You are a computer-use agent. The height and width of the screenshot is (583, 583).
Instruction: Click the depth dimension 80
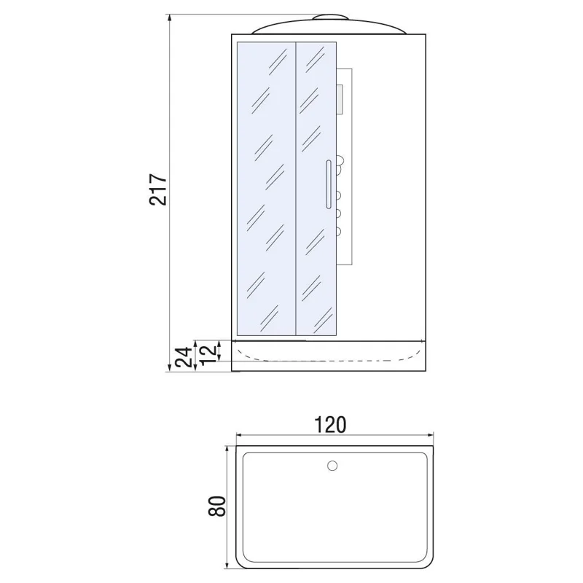(216, 506)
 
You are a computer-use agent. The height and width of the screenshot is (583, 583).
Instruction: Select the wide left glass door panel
(266, 189)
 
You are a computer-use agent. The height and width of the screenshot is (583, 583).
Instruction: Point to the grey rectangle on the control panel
(339, 100)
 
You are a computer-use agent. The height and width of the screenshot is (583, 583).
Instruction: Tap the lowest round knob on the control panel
(339, 232)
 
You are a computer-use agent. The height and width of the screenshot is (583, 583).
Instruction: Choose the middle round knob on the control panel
(339, 214)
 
